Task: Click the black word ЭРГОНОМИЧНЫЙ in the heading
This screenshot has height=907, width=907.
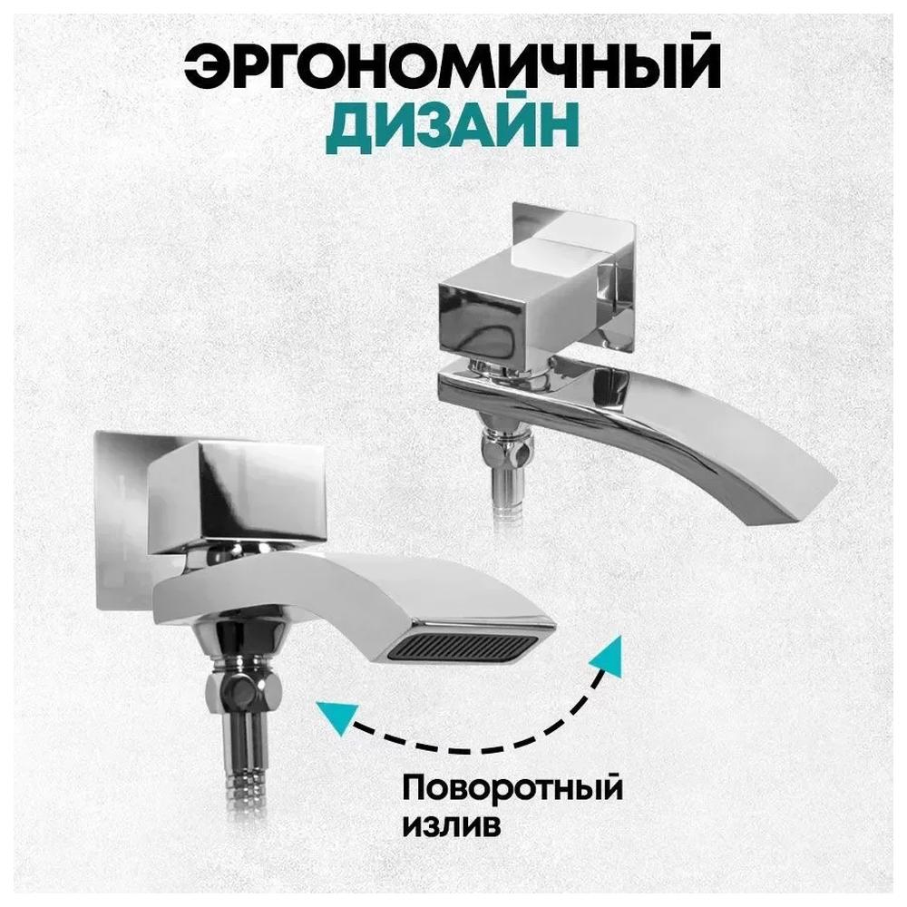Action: pos(453,66)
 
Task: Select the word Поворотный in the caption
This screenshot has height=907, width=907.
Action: pos(512,788)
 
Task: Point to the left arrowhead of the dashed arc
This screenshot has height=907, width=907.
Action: pos(337,717)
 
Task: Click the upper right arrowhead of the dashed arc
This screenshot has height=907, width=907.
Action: pos(606,655)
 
